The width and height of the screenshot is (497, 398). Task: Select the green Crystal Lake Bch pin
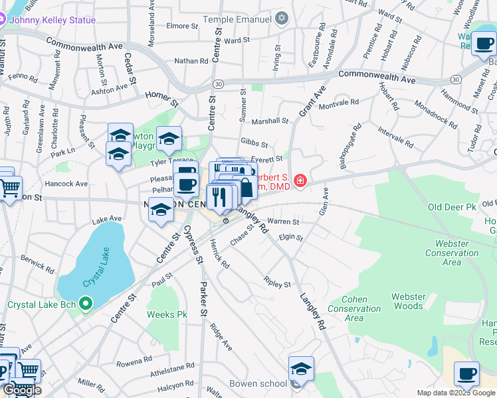(84, 305)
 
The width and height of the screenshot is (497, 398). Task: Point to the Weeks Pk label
(166, 314)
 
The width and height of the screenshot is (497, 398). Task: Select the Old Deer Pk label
(452, 208)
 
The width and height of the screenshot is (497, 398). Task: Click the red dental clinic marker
(300, 180)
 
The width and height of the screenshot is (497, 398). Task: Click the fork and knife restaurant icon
(219, 196)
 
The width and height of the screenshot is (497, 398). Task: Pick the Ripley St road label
(277, 283)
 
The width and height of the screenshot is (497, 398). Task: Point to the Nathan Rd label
(191, 61)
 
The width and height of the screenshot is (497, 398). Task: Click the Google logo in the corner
(22, 390)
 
